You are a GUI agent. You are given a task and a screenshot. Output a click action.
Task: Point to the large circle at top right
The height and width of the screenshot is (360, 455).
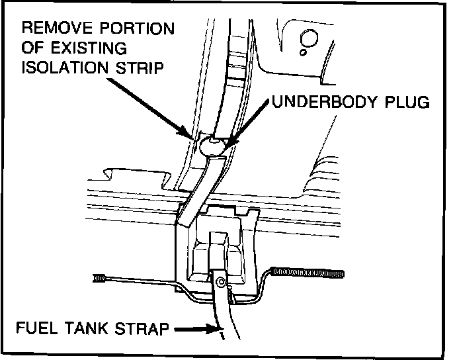[x=311, y=36]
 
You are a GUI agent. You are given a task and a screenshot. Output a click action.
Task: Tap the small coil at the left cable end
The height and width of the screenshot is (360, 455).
[x=101, y=277]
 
